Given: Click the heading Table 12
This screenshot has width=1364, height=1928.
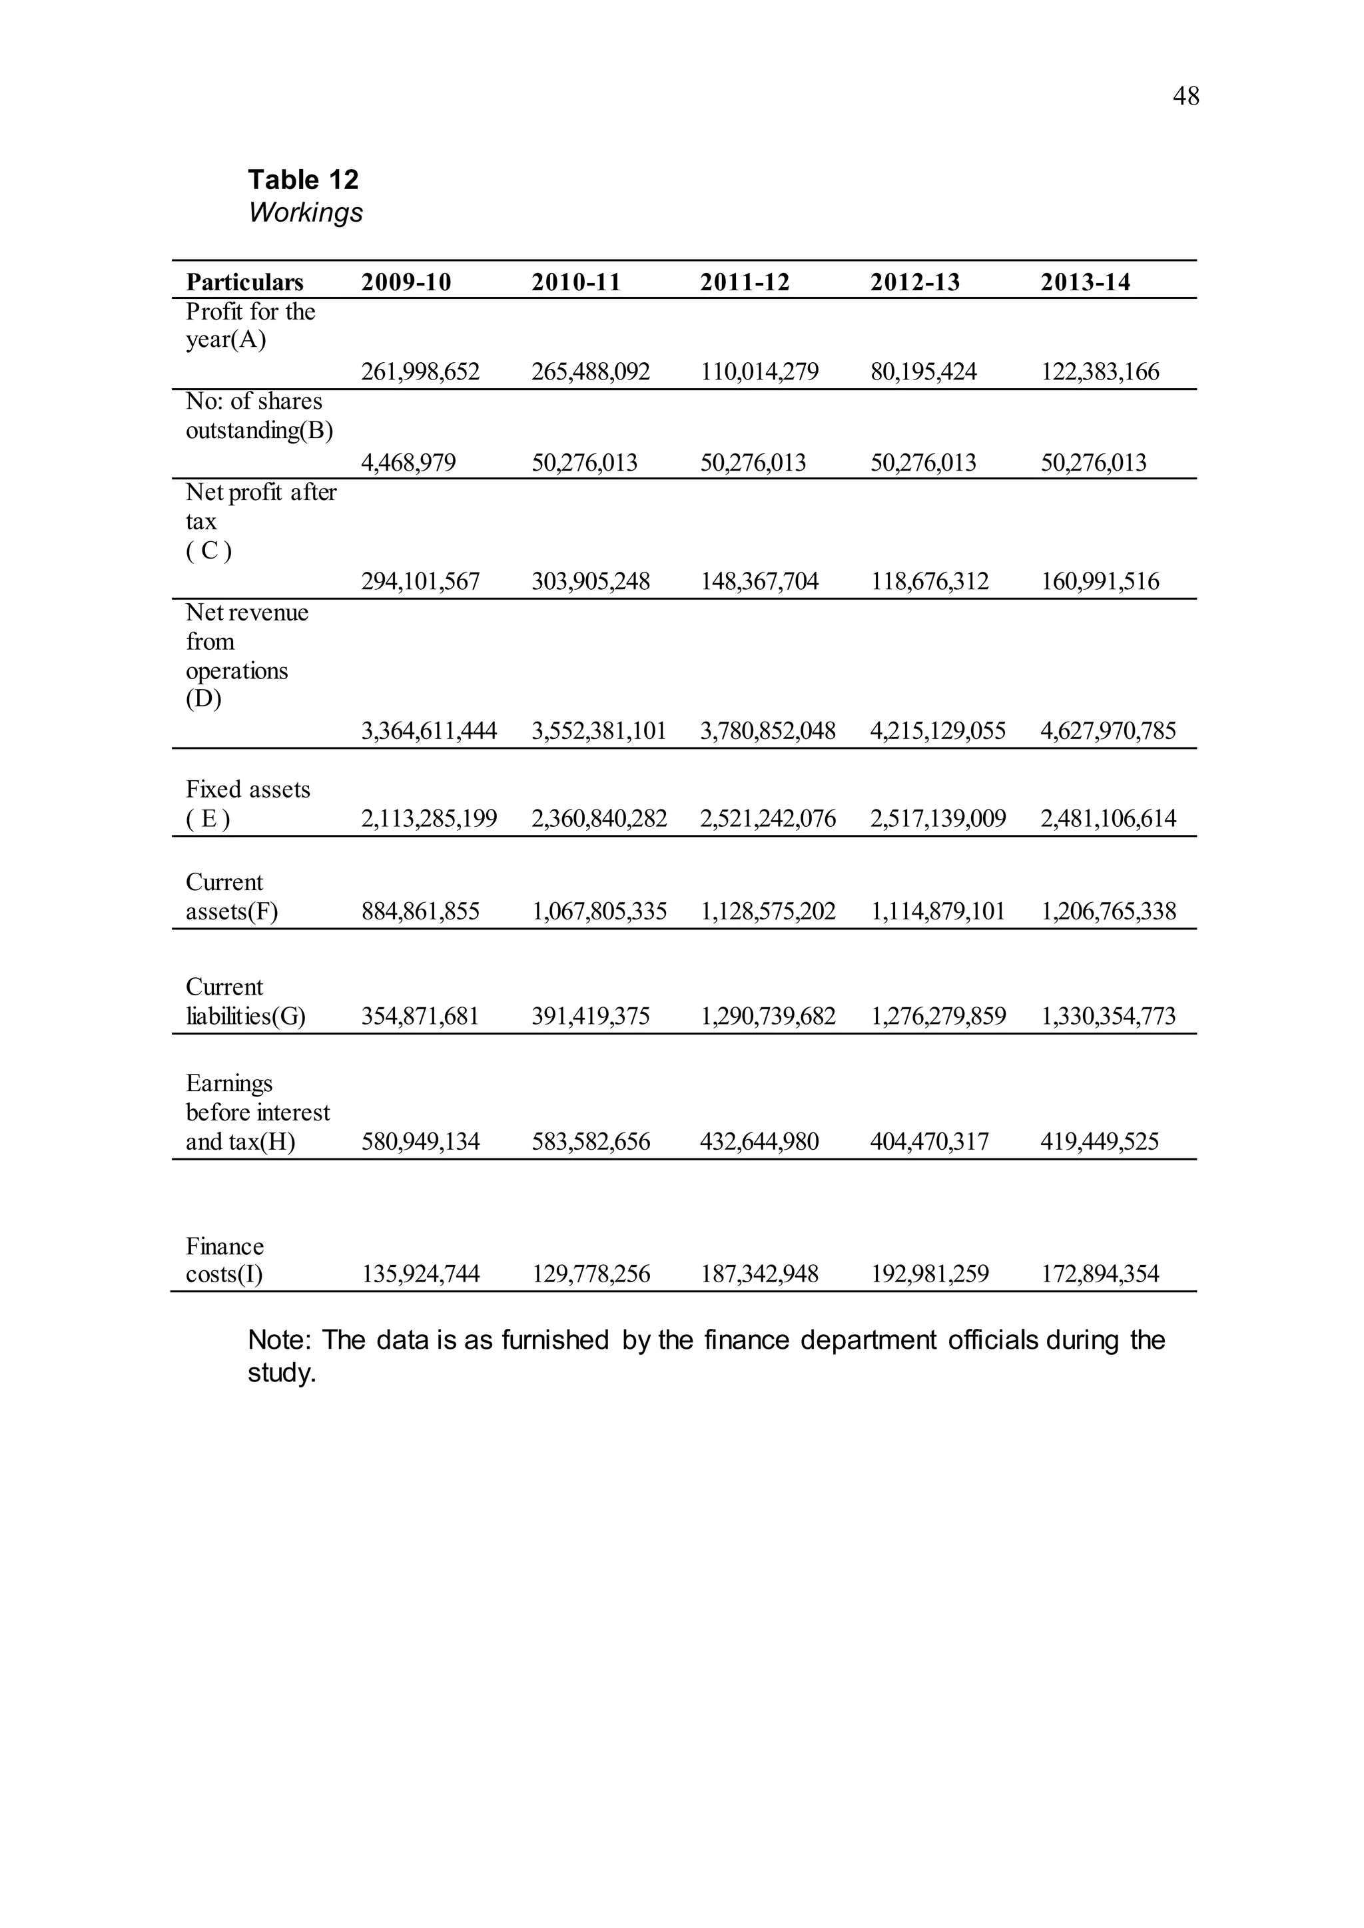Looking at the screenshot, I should point(302,179).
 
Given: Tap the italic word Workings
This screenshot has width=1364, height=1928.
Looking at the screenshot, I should point(305,212).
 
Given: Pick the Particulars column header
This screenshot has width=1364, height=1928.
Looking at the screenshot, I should point(244,282).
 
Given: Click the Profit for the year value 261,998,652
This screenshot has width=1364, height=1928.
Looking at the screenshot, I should point(420,372).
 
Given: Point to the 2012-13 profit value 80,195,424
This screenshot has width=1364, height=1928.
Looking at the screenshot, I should point(923,372).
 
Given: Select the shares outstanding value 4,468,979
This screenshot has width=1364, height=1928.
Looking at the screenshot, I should point(408,463).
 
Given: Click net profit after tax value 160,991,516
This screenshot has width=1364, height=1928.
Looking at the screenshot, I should point(1100,581).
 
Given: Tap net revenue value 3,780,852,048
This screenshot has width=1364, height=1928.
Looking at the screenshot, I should point(768,730).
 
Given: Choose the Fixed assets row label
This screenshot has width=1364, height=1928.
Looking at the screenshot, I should point(247,804).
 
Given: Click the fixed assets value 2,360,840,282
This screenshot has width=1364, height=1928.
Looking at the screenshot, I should point(599,818).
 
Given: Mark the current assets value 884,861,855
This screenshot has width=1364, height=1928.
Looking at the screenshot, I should point(420,911).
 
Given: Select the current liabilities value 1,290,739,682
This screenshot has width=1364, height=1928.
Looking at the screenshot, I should point(768,1016).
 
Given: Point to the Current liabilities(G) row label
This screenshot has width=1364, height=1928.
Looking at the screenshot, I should point(244,1002).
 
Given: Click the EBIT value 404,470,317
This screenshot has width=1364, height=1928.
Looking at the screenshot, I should point(929,1141).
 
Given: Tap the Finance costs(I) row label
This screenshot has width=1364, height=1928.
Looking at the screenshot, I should point(224,1260).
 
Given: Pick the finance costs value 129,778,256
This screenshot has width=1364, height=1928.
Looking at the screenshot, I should point(591,1274).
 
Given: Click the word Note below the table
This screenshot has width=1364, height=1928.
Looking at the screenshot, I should point(278,1340).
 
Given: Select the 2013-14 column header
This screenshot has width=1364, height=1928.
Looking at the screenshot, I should point(1085,282).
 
